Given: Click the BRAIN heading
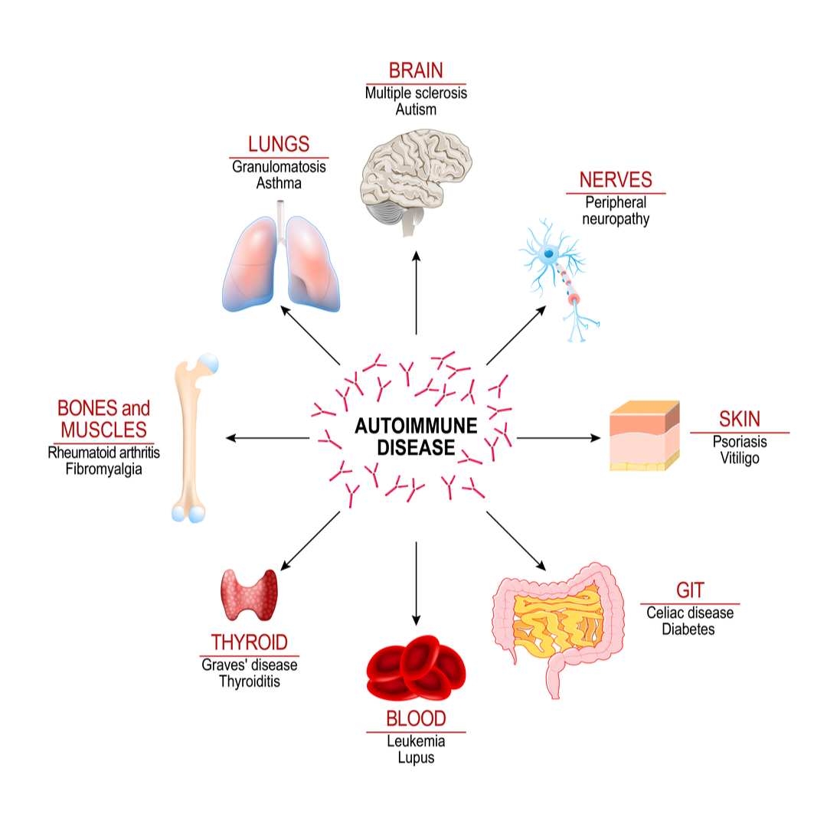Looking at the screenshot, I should [416, 71].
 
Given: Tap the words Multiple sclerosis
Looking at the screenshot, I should [416, 93].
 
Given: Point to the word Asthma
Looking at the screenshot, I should [279, 183].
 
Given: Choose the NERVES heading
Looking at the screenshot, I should [616, 180].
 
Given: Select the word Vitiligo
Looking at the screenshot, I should [739, 459].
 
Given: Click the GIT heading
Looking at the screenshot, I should [689, 590].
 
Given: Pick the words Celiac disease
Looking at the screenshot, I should [689, 613].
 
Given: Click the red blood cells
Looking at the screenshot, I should [416, 666].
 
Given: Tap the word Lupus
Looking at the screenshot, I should [416, 757].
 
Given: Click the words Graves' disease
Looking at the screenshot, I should [249, 665].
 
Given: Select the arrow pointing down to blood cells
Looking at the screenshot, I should [416, 582].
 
